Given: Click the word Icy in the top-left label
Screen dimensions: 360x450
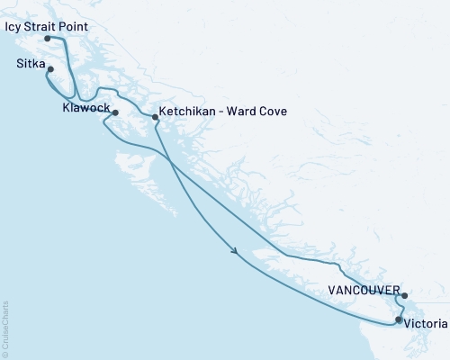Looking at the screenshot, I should point(13,28).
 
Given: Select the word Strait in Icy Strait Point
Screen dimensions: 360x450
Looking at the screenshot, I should point(41,28).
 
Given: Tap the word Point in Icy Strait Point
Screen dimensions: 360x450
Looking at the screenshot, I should point(75,28).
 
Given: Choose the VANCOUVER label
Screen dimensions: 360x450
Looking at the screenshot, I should point(364,291).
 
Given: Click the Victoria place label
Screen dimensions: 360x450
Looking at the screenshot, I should point(423,321).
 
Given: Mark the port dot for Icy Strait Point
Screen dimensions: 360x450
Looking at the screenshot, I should point(47,38).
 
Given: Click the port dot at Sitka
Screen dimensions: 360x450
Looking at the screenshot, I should point(51,70).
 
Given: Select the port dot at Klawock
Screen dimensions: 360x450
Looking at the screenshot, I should point(114,112).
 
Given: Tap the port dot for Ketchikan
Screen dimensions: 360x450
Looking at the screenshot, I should point(155,117).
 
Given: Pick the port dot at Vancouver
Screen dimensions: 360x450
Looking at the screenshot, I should point(404,295).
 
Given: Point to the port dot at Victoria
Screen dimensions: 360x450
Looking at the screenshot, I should point(399,319).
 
